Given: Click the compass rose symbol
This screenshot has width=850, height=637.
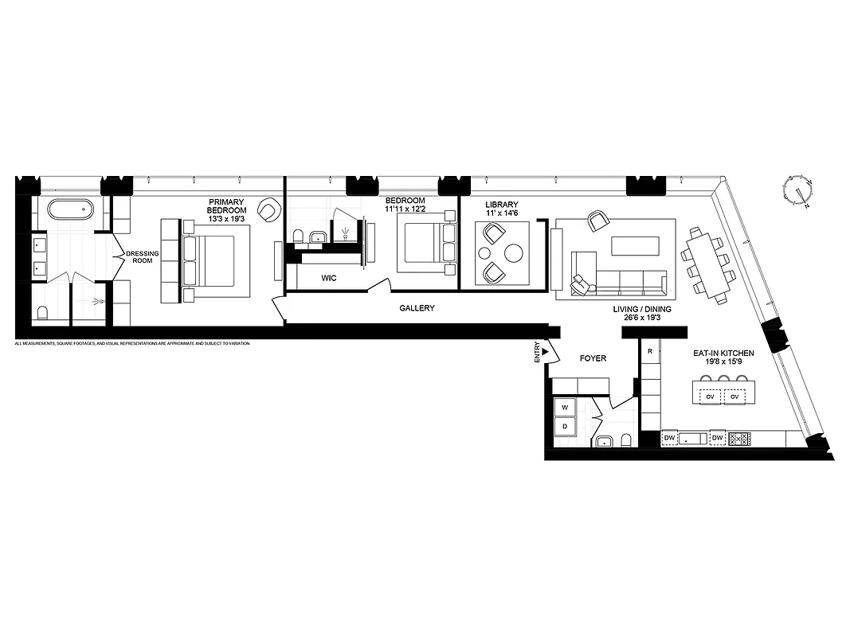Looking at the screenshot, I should coord(797,192).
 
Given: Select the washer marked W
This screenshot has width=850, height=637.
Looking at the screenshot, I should coord(565,407).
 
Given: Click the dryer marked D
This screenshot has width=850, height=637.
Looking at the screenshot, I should coord(565,427).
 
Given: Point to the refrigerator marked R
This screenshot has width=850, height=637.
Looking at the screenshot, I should coord(651,351).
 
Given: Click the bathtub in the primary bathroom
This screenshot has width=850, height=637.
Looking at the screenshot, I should coord(70,210).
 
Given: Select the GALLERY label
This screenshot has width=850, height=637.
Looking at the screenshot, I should coord(417,308).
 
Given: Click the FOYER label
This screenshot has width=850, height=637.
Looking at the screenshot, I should coord(593,358).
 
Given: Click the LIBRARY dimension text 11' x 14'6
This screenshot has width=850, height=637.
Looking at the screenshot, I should coord(502,214).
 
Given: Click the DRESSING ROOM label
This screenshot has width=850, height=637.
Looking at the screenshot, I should coord(143,256).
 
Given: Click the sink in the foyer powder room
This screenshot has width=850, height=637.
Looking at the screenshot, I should coord(603,441).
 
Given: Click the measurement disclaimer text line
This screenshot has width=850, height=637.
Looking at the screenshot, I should coord(132,343).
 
